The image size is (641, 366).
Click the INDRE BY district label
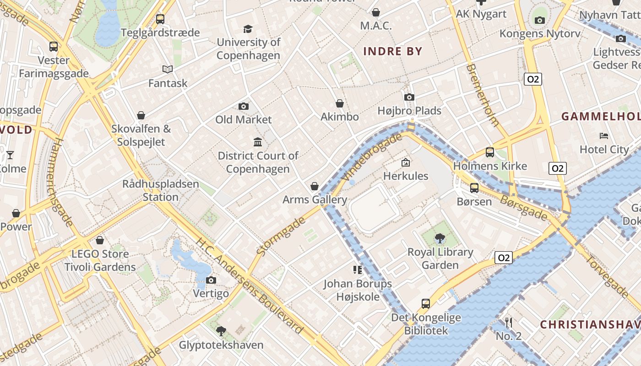392,51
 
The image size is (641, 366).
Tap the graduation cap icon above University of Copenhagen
248,29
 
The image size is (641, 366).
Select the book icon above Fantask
168,70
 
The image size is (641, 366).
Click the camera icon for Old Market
244,106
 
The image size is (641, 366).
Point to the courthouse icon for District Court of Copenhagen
258,142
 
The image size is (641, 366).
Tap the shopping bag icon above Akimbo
340,104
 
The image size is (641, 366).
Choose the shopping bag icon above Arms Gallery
315,186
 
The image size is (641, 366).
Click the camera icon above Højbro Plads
409,97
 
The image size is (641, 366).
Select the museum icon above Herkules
405,162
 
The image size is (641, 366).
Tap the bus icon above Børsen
474,188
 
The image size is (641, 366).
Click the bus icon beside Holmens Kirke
490,152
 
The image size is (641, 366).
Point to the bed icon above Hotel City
604,136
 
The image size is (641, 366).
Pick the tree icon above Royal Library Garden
440,238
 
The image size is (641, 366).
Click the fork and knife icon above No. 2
508,322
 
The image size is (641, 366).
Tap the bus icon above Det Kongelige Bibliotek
426,303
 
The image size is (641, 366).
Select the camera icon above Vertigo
211,280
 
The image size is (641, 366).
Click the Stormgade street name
281,236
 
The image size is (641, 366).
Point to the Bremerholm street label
482,95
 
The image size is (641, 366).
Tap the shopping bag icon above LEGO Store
100,240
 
